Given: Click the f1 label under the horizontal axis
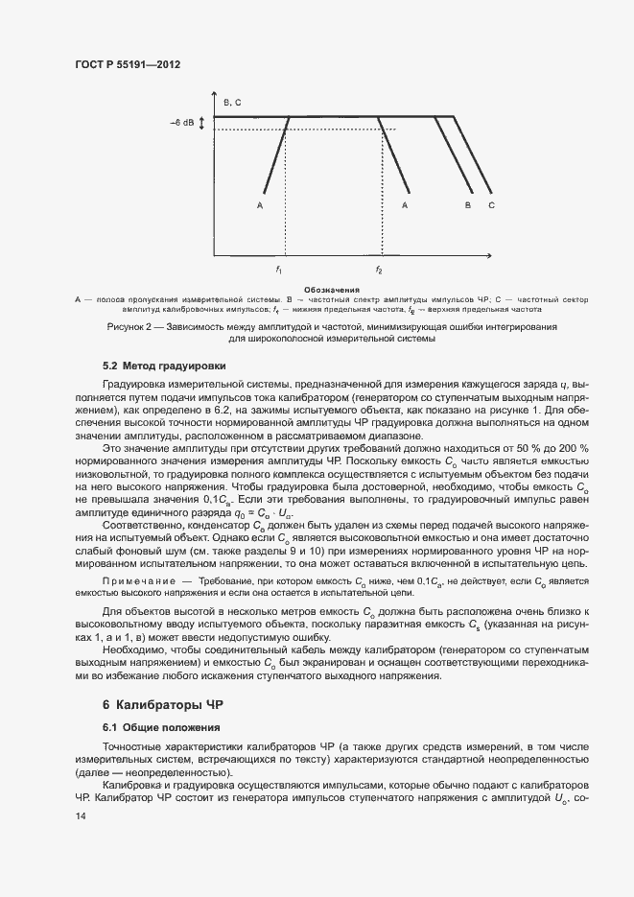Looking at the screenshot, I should tap(279, 269).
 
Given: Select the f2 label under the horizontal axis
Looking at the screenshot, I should tap(379, 269).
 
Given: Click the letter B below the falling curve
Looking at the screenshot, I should tap(468, 204).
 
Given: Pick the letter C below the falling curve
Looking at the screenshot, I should tap(491, 204).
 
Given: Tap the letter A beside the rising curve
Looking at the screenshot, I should tap(260, 204).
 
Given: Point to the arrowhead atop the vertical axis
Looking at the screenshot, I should tap(214, 92).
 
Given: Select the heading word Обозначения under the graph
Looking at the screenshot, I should tap(331, 289).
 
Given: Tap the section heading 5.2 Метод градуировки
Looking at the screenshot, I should tap(164, 366).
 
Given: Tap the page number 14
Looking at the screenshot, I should tap(80, 815).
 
